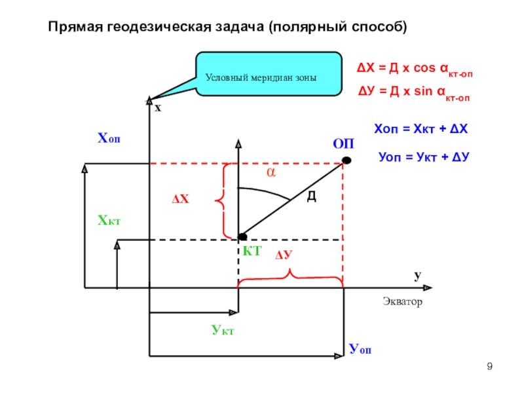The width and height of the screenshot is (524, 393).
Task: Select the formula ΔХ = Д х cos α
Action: [413, 68]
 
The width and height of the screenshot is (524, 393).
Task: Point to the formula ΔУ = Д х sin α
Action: [412, 92]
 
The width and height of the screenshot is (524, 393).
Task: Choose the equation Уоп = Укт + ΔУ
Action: [426, 157]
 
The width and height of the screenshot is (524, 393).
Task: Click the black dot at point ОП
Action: [346, 160]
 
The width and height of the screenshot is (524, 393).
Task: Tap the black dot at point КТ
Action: [242, 236]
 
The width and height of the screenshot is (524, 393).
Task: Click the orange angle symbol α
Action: [269, 172]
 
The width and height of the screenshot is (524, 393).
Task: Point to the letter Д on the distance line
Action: [311, 196]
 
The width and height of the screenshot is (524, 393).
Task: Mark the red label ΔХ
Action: [180, 198]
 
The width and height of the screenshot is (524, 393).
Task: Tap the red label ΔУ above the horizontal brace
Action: [283, 255]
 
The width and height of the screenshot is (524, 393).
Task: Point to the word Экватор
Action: [402, 302]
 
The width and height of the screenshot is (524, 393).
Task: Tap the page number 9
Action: [489, 365]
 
